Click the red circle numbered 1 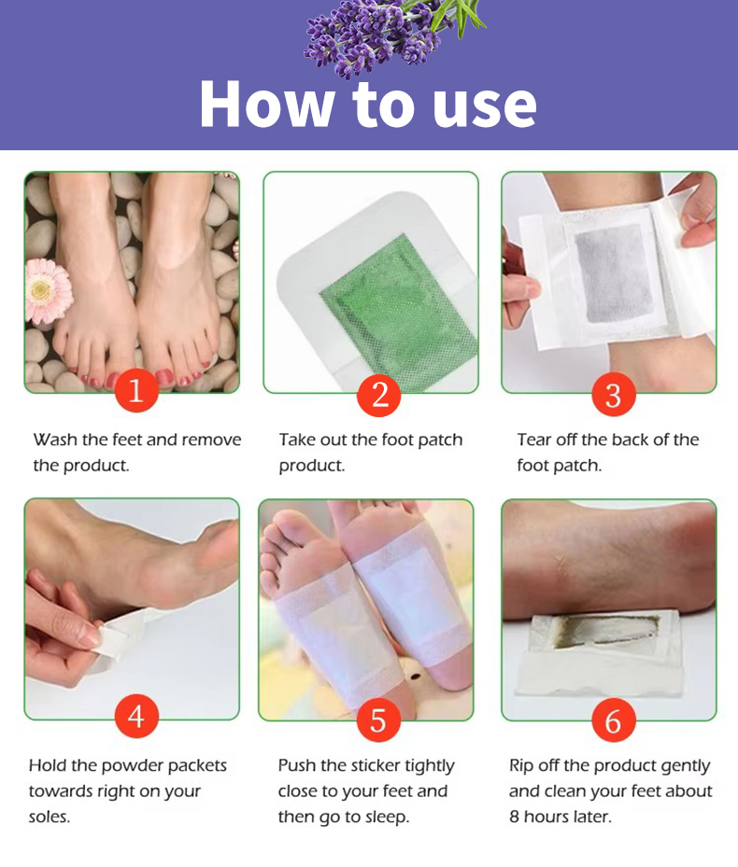(136, 390)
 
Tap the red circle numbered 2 (379, 394)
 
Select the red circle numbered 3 (614, 394)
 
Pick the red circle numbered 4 (136, 716)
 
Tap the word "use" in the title (485, 107)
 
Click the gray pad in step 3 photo (613, 273)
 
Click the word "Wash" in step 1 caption (55, 440)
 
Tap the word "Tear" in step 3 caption (534, 440)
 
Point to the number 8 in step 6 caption (515, 817)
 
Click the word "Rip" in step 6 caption (521, 766)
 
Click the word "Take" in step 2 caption (298, 440)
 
